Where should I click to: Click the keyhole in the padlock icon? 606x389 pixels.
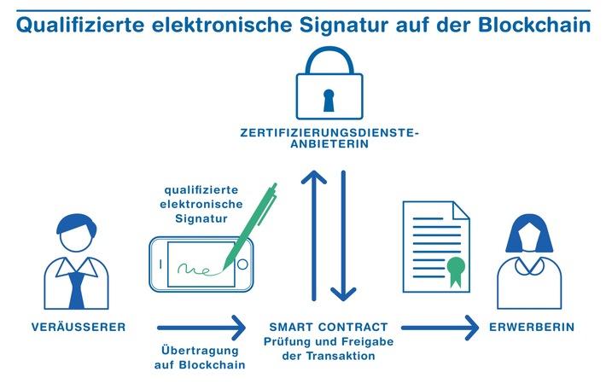coord(329,97)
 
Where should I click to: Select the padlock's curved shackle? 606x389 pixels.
coord(329,61)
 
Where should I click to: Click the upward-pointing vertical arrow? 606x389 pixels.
coord(313,235)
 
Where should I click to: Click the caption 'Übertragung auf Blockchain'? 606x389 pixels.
coord(201,357)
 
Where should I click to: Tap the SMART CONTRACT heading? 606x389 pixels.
coord(329,328)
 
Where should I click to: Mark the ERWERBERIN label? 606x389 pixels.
coord(532,328)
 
